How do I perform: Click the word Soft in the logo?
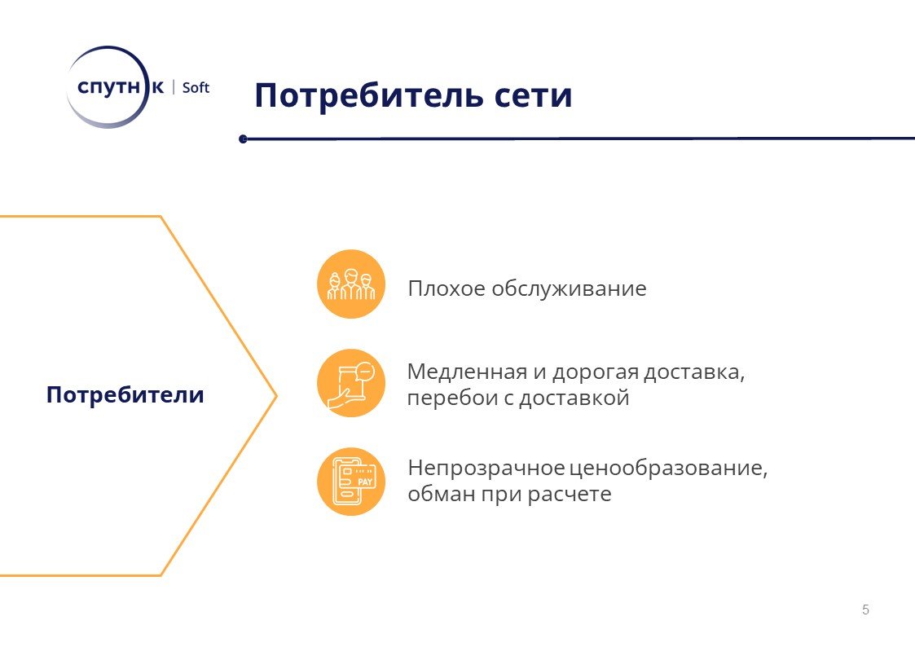click(196, 87)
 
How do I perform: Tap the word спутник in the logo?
click(121, 87)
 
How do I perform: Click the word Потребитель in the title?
click(369, 95)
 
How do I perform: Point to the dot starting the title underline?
click(244, 139)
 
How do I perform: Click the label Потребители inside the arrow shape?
click(125, 395)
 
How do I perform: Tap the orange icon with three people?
click(351, 284)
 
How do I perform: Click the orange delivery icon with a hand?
click(351, 383)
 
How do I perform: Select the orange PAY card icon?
click(351, 482)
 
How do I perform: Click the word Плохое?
click(447, 288)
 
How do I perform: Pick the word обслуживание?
click(569, 288)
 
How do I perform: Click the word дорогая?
click(596, 372)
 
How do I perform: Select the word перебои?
click(453, 398)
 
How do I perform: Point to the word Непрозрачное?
click(486, 469)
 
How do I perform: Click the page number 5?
click(865, 610)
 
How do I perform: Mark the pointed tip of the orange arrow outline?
click(276, 396)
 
